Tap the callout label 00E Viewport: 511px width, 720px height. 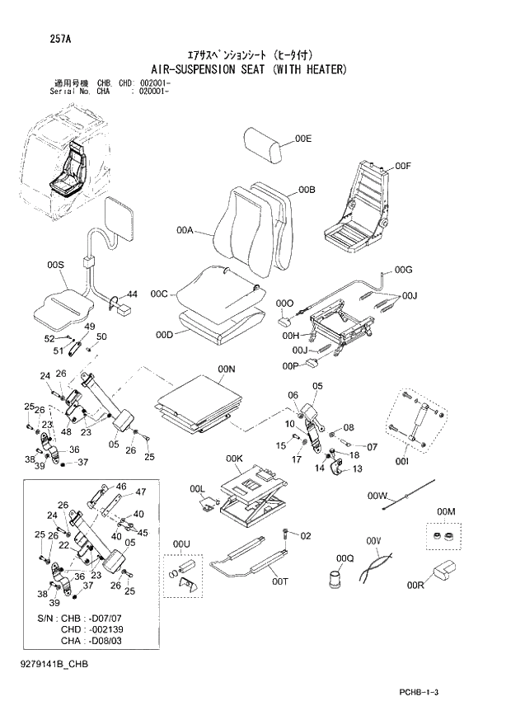303,139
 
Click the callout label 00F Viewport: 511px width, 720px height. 402,167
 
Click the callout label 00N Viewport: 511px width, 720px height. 227,368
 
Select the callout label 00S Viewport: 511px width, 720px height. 55,265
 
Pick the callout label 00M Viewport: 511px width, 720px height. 446,512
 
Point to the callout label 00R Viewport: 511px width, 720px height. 415,586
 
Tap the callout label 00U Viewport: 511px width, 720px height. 181,544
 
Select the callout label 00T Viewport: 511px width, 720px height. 280,581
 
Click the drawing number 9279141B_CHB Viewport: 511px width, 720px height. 54,663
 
